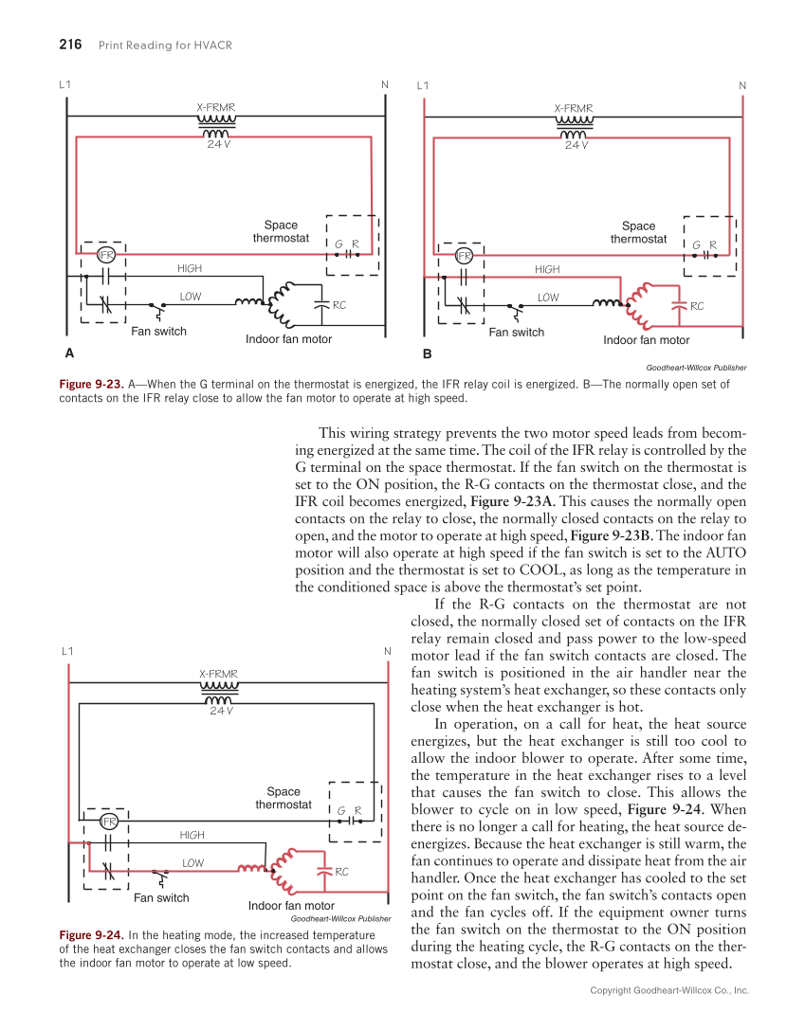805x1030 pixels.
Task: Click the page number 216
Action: pyautogui.click(x=70, y=45)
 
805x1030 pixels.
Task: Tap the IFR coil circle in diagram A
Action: pyautogui.click(x=106, y=256)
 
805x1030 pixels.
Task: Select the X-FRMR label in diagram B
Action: pyautogui.click(x=574, y=108)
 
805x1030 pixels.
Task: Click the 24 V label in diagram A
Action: pyautogui.click(x=219, y=145)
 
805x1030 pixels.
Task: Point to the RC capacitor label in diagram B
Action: pyautogui.click(x=697, y=306)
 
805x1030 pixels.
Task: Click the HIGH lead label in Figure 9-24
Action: pyautogui.click(x=192, y=835)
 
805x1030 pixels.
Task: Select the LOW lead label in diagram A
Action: pyautogui.click(x=191, y=297)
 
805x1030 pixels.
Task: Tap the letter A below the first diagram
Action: pyautogui.click(x=68, y=353)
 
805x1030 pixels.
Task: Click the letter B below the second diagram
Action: pyautogui.click(x=427, y=353)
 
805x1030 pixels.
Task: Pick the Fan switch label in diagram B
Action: pyautogui.click(x=516, y=333)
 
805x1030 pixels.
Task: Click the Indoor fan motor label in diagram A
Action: pyautogui.click(x=288, y=339)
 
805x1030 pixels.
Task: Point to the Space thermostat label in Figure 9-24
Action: pyautogui.click(x=284, y=798)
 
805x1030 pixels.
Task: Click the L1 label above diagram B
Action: pyautogui.click(x=423, y=85)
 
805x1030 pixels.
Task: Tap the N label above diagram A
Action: pyautogui.click(x=385, y=85)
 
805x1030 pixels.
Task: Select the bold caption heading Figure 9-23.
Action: pyautogui.click(x=91, y=385)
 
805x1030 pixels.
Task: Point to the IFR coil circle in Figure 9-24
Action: pyautogui.click(x=109, y=821)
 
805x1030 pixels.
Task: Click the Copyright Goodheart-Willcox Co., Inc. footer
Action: pyautogui.click(x=668, y=990)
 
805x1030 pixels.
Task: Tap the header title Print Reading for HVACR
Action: pyautogui.click(x=166, y=45)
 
